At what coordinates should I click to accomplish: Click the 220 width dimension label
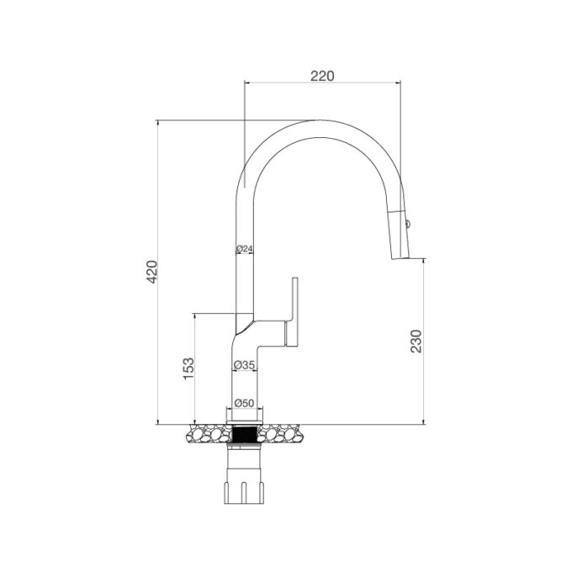[322, 76]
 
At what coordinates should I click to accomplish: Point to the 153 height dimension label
[188, 367]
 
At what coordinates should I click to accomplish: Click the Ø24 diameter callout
[245, 249]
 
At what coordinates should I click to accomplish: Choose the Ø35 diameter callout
[244, 365]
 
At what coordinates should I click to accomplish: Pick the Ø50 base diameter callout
[244, 403]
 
